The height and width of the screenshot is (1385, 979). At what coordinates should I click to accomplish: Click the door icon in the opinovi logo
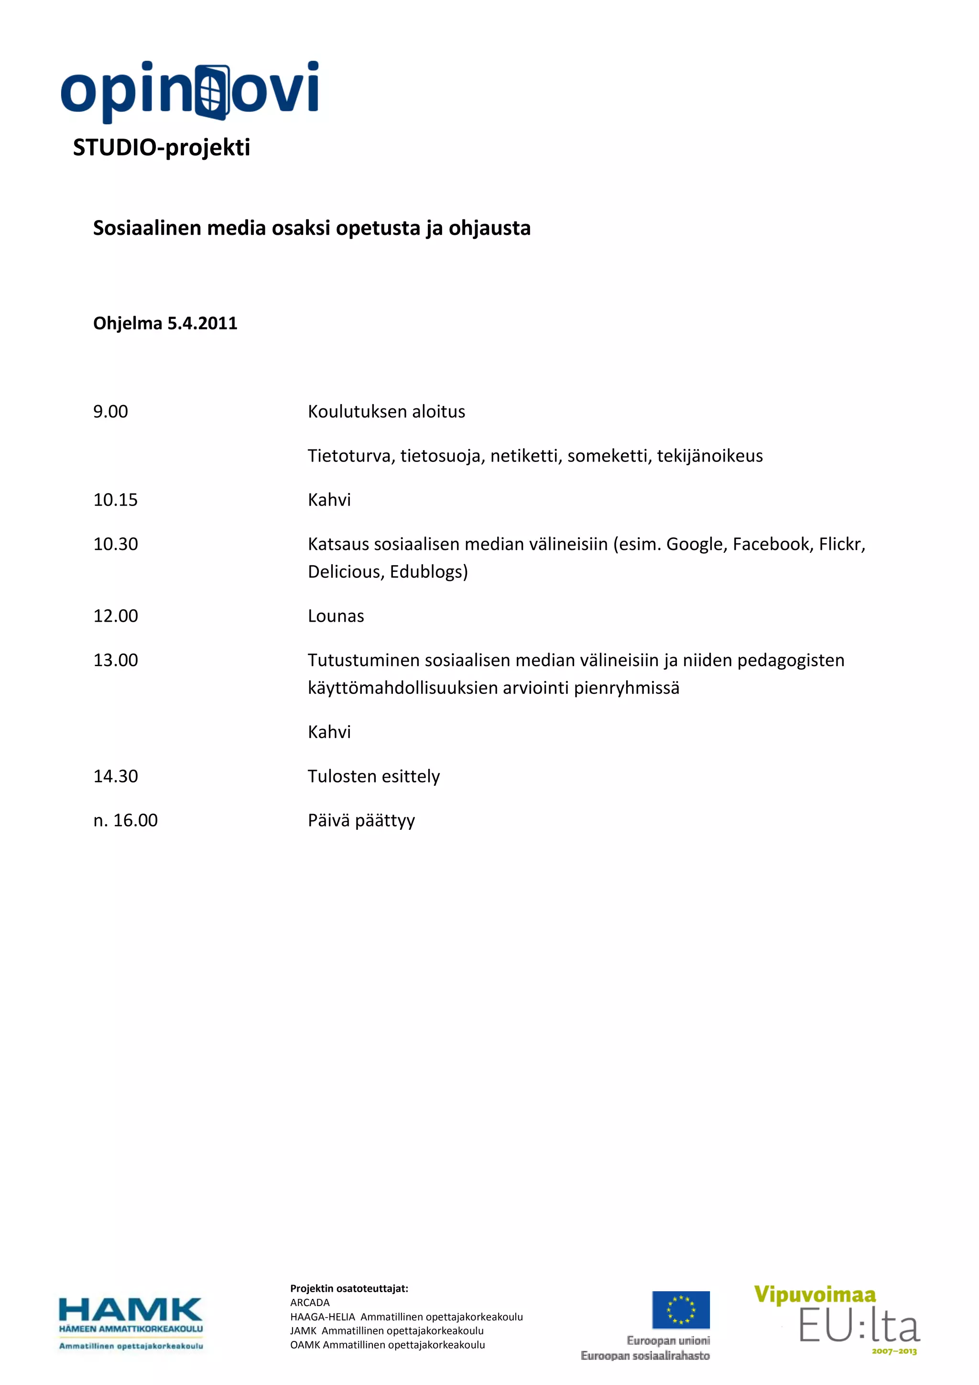pyautogui.click(x=213, y=92)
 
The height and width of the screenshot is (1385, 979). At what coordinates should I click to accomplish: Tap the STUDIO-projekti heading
pyautogui.click(x=162, y=147)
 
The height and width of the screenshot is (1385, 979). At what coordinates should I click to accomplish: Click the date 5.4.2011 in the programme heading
pyautogui.click(x=202, y=323)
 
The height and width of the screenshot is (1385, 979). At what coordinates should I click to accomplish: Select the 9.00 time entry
pyautogui.click(x=110, y=411)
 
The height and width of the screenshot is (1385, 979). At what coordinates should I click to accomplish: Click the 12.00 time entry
pyautogui.click(x=115, y=616)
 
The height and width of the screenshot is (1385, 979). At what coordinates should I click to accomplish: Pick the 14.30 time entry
pyautogui.click(x=115, y=776)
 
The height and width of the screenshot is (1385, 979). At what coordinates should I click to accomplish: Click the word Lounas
pyautogui.click(x=336, y=616)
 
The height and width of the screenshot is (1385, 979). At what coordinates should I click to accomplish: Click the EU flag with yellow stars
pyautogui.click(x=681, y=1309)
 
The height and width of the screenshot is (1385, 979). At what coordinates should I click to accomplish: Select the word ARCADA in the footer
pyautogui.click(x=310, y=1302)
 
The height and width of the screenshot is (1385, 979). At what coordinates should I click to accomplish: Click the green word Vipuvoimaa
pyautogui.click(x=815, y=1295)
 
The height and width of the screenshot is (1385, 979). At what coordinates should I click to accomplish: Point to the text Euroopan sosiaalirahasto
pyautogui.click(x=645, y=1355)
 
